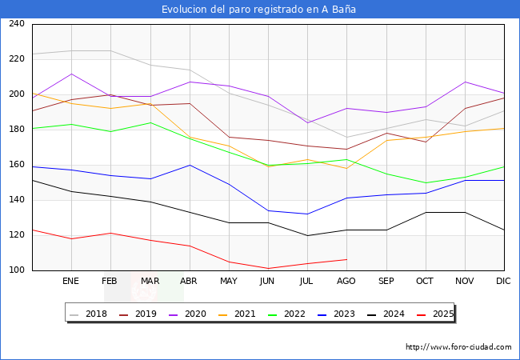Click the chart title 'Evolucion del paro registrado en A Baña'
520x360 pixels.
pyautogui.click(x=259, y=10)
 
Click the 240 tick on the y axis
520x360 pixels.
pyautogui.click(x=15, y=24)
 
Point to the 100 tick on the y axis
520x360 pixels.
pyautogui.click(x=15, y=270)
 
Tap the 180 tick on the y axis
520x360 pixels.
pyautogui.click(x=15, y=130)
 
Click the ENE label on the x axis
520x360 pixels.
pyautogui.click(x=71, y=282)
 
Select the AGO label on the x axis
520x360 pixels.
pyautogui.click(x=346, y=282)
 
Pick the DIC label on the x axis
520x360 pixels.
pyautogui.click(x=503, y=282)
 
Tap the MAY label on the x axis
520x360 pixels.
pyautogui.click(x=229, y=282)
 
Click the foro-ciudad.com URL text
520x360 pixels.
pyautogui.click(x=458, y=347)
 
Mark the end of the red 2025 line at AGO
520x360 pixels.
pyautogui.click(x=346, y=259)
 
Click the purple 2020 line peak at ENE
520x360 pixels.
pyautogui.click(x=71, y=74)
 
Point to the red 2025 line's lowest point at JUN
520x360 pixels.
pyautogui.click(x=268, y=269)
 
